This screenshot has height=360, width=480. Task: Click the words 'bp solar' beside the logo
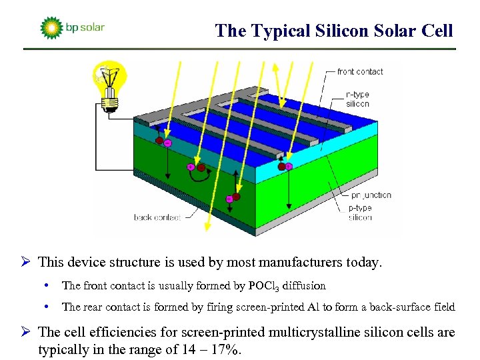85,28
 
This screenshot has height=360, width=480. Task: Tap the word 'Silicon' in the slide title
340,31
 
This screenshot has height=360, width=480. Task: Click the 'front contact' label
359,71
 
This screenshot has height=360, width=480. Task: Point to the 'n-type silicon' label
357,99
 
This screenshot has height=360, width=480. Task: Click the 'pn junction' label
370,195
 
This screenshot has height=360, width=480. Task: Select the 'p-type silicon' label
360,213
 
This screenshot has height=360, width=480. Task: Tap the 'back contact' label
157,217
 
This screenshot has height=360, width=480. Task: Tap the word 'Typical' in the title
274,31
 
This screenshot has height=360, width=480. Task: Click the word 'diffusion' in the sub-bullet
304,286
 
